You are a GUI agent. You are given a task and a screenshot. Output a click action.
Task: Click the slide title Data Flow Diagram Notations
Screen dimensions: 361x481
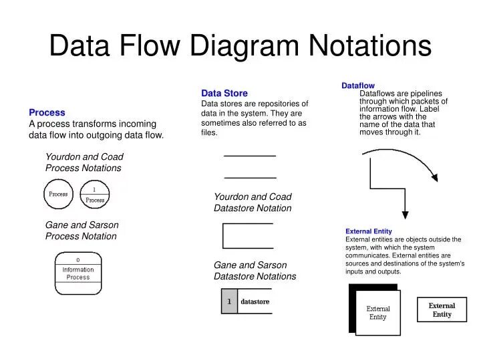click(240, 45)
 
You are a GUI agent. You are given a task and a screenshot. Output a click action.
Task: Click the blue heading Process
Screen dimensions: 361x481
click(47, 112)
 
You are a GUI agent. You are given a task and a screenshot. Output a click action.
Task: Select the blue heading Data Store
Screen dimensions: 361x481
click(224, 93)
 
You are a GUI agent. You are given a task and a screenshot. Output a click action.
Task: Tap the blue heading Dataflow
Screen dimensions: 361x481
click(358, 86)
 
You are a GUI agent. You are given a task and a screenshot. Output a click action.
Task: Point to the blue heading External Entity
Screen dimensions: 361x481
click(369, 231)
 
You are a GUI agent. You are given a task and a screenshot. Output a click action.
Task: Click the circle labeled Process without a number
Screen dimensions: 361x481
click(59, 195)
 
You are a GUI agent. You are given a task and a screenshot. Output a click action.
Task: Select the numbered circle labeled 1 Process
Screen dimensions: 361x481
click(95, 195)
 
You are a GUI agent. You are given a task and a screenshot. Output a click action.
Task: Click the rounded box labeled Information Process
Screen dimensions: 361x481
click(78, 273)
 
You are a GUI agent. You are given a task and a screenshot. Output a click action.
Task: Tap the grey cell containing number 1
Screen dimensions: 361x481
click(229, 302)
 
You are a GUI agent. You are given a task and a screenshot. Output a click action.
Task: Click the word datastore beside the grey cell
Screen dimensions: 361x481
click(255, 302)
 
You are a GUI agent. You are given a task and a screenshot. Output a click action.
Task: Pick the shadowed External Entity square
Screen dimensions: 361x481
click(377, 312)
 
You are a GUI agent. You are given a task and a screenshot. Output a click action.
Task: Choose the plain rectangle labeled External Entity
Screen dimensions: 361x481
click(442, 310)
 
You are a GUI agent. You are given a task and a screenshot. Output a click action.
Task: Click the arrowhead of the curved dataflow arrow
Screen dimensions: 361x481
click(435, 178)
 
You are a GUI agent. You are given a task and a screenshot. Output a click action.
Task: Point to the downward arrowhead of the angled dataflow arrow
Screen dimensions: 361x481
click(404, 215)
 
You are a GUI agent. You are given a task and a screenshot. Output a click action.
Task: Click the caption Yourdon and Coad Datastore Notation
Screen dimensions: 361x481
click(253, 203)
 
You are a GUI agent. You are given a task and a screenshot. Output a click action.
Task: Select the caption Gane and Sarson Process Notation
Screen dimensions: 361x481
click(82, 231)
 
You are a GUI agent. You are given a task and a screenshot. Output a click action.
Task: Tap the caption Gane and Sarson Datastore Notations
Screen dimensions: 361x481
click(255, 271)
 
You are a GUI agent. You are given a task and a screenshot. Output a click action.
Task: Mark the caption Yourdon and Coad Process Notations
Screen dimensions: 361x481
click(84, 162)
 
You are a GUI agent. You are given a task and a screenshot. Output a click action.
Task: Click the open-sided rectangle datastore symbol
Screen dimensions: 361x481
click(247, 235)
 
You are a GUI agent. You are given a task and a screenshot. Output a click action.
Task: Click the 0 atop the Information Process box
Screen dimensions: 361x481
click(78, 259)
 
